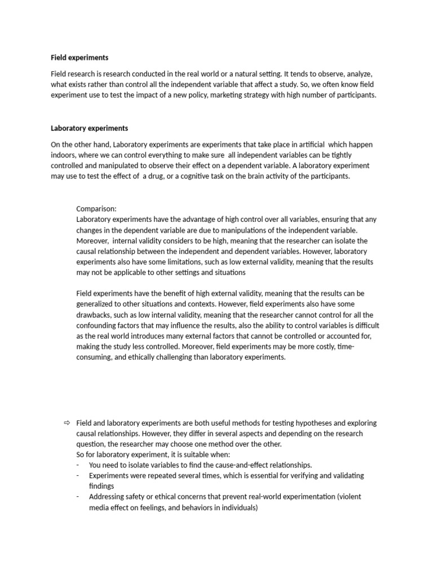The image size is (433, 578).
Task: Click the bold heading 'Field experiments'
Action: pyautogui.click(x=79, y=58)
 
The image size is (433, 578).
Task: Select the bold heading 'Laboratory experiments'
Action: pyautogui.click(x=89, y=128)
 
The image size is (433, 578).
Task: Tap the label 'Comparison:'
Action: pyautogui.click(x=96, y=209)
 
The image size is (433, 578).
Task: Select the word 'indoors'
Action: pyautogui.click(x=64, y=155)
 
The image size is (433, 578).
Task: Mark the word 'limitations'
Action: pyautogui.click(x=204, y=262)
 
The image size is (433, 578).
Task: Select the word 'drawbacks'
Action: pyautogui.click(x=95, y=315)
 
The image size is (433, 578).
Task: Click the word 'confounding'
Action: pyautogui.click(x=99, y=326)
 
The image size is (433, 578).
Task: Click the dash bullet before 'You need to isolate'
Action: pyautogui.click(x=77, y=465)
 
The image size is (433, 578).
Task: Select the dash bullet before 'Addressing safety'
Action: pyautogui.click(x=77, y=497)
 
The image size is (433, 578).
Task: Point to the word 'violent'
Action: pyautogui.click(x=350, y=497)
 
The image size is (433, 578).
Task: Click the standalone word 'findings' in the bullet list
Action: pyautogui.click(x=101, y=486)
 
